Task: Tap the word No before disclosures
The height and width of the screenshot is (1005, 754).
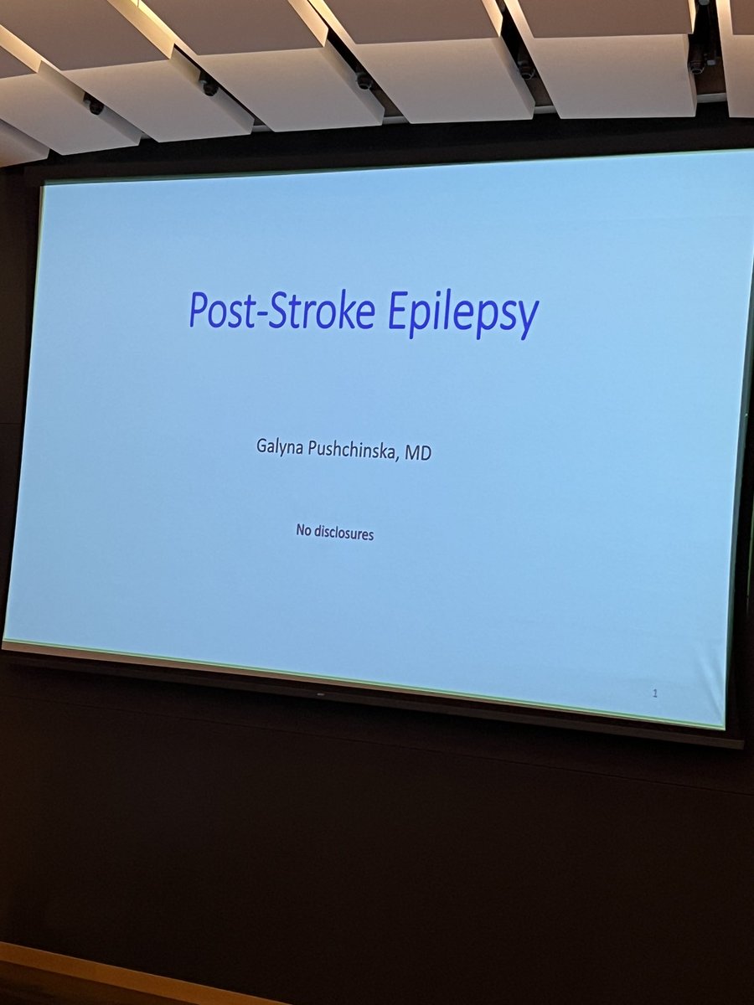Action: pyautogui.click(x=303, y=529)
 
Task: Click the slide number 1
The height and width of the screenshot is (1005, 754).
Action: pyautogui.click(x=654, y=693)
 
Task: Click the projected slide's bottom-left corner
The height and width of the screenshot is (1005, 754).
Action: pyautogui.click(x=5, y=641)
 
